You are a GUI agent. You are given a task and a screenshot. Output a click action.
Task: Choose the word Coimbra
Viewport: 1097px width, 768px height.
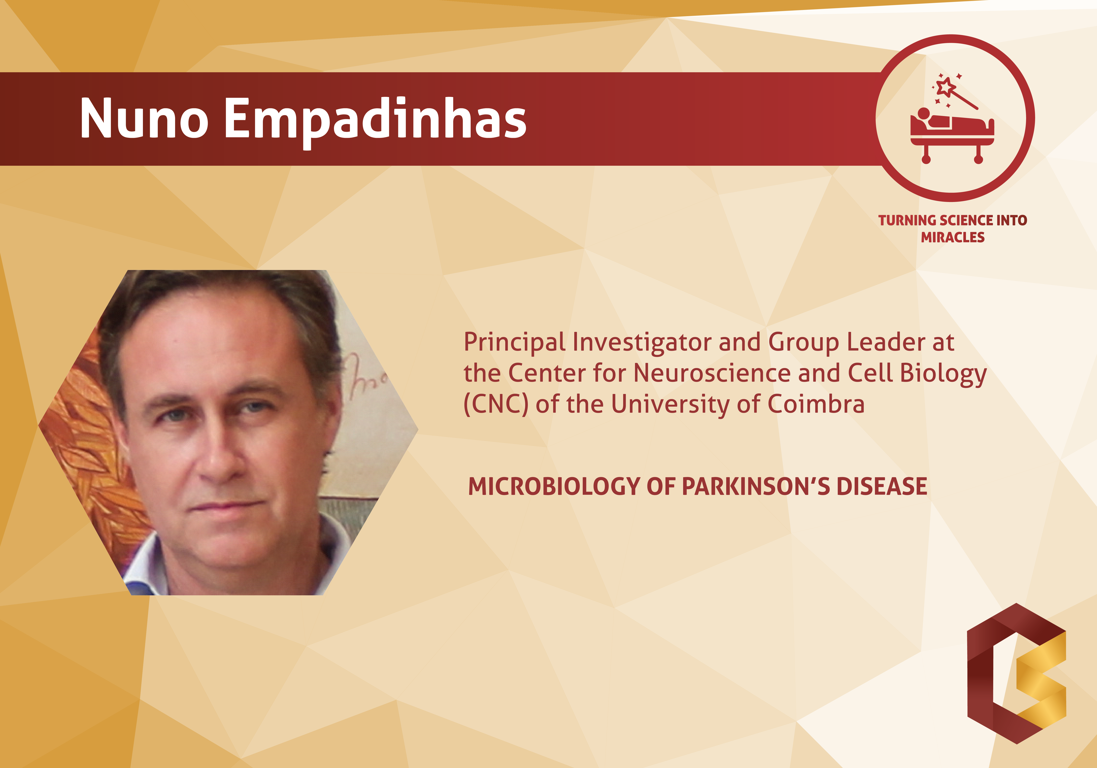click(816, 404)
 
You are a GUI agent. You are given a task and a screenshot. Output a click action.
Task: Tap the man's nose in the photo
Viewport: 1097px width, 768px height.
click(221, 454)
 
